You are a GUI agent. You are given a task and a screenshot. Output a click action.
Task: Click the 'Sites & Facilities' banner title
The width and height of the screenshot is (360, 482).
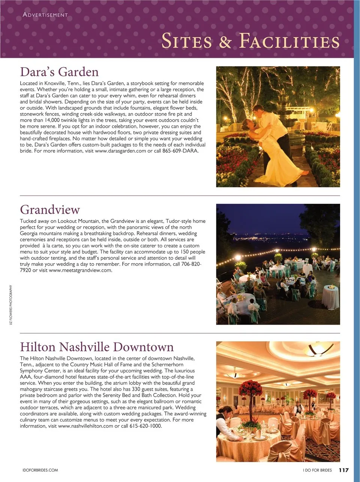tap(250, 41)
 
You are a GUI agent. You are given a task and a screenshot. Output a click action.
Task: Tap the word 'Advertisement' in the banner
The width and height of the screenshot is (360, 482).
tap(45, 15)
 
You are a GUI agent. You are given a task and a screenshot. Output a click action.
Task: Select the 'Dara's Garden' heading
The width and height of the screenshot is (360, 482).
tap(59, 72)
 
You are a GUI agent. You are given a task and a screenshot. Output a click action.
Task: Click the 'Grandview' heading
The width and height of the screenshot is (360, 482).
tap(50, 209)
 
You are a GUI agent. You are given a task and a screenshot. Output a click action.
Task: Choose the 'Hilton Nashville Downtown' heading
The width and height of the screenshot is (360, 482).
tap(97, 346)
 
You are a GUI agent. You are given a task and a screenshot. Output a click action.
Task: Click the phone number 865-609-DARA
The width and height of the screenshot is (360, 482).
tap(180, 151)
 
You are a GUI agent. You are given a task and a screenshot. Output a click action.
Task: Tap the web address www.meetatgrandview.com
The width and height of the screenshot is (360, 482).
tap(80, 270)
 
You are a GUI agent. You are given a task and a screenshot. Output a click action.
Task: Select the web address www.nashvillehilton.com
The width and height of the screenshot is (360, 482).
tap(86, 426)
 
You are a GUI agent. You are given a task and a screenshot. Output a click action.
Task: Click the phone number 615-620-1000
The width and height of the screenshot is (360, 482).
tap(145, 426)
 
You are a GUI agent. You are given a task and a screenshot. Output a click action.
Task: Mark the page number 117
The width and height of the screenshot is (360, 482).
tap(344, 470)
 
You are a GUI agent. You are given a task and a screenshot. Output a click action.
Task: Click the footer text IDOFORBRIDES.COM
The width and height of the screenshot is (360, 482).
tap(40, 470)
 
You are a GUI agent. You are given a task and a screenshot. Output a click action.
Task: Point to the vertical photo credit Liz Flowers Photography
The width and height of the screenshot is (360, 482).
tap(11, 305)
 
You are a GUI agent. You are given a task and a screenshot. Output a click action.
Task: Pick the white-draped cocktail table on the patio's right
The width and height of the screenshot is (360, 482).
tap(330, 297)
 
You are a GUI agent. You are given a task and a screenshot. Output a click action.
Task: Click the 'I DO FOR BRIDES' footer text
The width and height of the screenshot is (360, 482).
tap(317, 470)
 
